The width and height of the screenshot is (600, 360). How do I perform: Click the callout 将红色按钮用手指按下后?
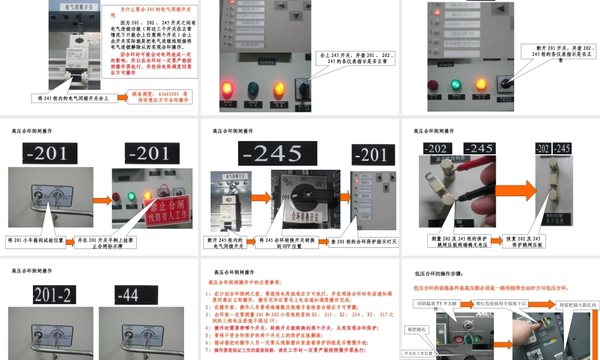tap(501, 304)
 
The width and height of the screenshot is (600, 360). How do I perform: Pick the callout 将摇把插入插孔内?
tap(578, 305)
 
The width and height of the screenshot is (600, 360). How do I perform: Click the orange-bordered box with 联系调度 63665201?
tap(160, 97)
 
